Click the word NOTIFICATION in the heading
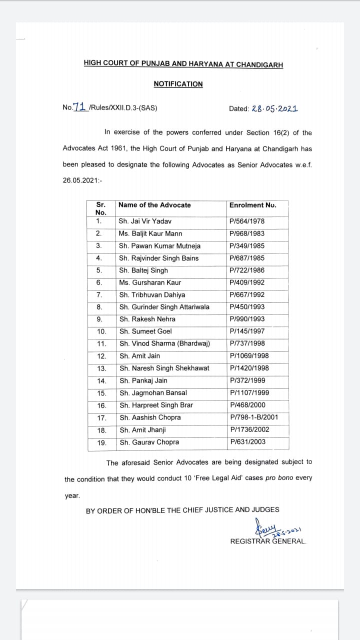[x=178, y=84]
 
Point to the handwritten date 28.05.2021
[x=275, y=108]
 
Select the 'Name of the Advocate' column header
[x=154, y=205]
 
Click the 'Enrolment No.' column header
[x=252, y=205]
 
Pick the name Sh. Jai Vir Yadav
[x=145, y=221]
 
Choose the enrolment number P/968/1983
[x=247, y=233]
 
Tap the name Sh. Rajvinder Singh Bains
[x=158, y=258]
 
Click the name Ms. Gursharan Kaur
[x=150, y=282]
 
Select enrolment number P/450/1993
[x=247, y=307]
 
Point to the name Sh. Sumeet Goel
[x=145, y=331]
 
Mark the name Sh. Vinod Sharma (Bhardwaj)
[x=164, y=343]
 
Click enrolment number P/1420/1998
[x=249, y=368]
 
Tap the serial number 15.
[x=101, y=393]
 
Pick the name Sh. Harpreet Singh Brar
[x=156, y=405]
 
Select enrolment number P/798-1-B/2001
[x=254, y=417]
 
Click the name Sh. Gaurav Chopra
[x=149, y=442]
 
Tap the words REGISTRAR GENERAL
[x=268, y=541]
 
